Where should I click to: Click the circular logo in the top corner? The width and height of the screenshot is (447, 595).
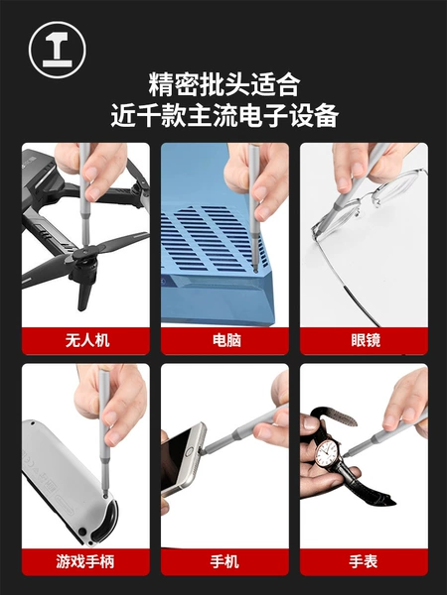click(x=58, y=50)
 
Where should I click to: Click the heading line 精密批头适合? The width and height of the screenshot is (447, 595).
click(x=224, y=85)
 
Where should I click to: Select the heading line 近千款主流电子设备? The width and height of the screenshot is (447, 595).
click(x=224, y=115)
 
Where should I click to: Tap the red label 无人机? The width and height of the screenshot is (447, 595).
click(x=87, y=340)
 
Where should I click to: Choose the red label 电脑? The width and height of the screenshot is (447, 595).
click(x=226, y=340)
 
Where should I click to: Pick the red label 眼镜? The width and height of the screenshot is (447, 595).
click(x=366, y=340)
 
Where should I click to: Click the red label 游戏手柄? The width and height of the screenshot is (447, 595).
click(x=85, y=561)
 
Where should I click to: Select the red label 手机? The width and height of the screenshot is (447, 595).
click(x=224, y=561)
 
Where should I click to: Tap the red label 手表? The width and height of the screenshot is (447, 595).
click(x=364, y=561)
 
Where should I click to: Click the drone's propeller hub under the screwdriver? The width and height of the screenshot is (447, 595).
click(x=85, y=254)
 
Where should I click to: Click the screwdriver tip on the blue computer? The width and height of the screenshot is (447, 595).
click(x=255, y=270)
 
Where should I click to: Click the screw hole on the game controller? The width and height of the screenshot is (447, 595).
click(x=105, y=495)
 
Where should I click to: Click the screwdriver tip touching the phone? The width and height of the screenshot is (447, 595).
click(x=203, y=451)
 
